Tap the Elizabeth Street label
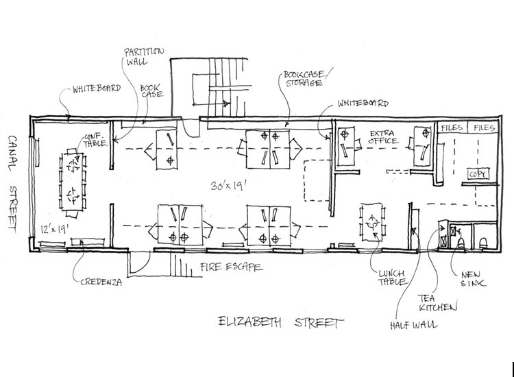[x=280, y=322]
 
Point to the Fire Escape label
[x=232, y=267]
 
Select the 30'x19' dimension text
[x=228, y=186]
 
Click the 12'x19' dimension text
[x=54, y=229]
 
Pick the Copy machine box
[x=478, y=174]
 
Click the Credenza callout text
[x=101, y=282]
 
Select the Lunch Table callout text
[x=393, y=278]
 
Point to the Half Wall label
[x=414, y=325]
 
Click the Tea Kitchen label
[x=438, y=303]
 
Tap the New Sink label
[x=473, y=279]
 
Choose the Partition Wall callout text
[x=144, y=56]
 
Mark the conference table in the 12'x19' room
[x=73, y=182]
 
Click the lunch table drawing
[x=373, y=222]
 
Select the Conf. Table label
[x=95, y=140]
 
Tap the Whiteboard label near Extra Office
[x=363, y=103]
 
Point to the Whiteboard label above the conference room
[x=97, y=88]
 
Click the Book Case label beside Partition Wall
[x=151, y=91]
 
